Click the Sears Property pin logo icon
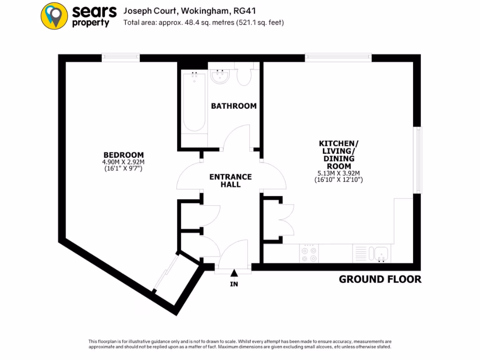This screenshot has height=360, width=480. tap(55, 16)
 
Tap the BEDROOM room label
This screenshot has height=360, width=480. tap(123, 155)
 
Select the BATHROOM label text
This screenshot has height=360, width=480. tap(233, 106)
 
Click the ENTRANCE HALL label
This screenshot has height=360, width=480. tap(230, 180)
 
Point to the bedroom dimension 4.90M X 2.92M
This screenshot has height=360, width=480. tap(123, 162)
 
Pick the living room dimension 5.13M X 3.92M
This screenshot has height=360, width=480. tap(339, 173)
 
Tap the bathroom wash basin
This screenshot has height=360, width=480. tap(220, 76)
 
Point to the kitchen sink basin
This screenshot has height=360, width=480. tap(381, 254)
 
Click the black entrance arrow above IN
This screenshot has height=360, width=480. tap(234, 273)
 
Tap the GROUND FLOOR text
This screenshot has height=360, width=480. tap(380, 279)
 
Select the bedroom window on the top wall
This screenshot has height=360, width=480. tap(121, 58)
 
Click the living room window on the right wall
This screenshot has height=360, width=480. tap(417, 160)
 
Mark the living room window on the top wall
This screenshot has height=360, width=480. tap(338, 58)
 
